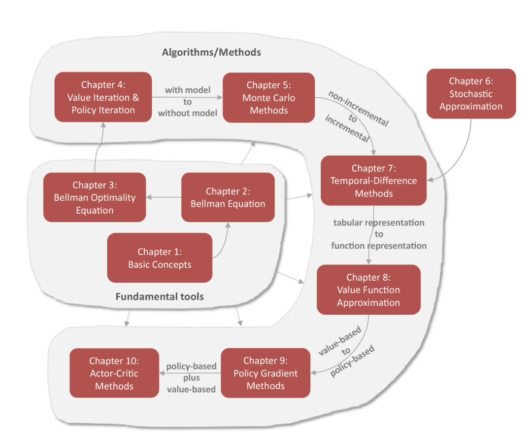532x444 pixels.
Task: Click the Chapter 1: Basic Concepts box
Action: pyautogui.click(x=160, y=258)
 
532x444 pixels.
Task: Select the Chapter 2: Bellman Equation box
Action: pyautogui.click(x=228, y=197)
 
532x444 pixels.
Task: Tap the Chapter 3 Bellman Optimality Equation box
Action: pyautogui.click(x=95, y=197)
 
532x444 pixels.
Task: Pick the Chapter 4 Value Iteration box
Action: pyautogui.click(x=103, y=97)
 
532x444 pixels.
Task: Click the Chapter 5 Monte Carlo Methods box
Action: pyautogui.click(x=269, y=98)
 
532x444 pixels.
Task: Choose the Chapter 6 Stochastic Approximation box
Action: pyautogui.click(x=471, y=94)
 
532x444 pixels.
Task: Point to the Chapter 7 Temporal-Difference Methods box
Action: pyautogui.click(x=373, y=181)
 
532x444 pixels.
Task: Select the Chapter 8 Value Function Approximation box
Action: pyautogui.click(x=368, y=290)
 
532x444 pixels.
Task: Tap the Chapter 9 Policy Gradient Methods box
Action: pyautogui.click(x=266, y=373)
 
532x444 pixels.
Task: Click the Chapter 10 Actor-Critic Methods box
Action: pyautogui.click(x=114, y=373)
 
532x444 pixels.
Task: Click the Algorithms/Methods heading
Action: pyautogui.click(x=211, y=52)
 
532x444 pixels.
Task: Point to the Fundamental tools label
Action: pyautogui.click(x=160, y=296)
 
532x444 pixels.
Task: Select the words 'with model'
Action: pyautogui.click(x=188, y=90)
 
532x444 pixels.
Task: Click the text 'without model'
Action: pyautogui.click(x=188, y=113)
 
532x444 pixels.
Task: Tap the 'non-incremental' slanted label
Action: pyautogui.click(x=359, y=109)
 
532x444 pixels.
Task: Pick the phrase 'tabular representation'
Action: pyautogui.click(x=379, y=223)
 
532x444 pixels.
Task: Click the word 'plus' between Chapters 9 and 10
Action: pyautogui.click(x=191, y=378)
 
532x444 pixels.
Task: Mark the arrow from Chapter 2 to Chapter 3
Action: pyautogui.click(x=164, y=197)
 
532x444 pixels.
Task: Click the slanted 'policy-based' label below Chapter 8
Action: pyautogui.click(x=353, y=361)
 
